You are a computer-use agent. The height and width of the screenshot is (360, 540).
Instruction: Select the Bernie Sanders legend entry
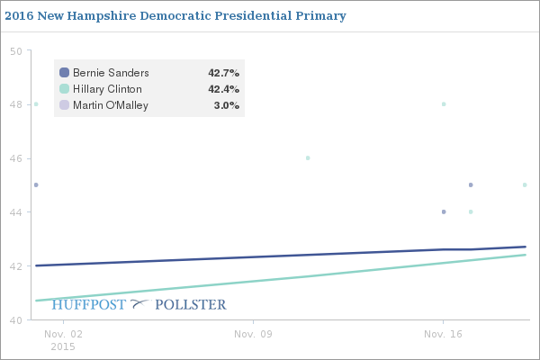(x=111, y=72)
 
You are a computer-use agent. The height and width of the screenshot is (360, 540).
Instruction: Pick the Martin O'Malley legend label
(x=111, y=105)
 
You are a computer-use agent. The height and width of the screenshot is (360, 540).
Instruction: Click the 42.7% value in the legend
(x=224, y=72)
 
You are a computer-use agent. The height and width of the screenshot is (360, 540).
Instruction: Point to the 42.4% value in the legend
(x=224, y=89)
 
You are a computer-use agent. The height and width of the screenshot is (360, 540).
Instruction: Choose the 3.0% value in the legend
(x=228, y=105)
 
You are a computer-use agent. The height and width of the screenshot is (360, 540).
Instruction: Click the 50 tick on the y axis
(x=15, y=50)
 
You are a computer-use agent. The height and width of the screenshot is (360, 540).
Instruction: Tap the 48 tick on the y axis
(x=15, y=104)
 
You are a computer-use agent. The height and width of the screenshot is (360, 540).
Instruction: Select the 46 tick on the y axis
(x=15, y=158)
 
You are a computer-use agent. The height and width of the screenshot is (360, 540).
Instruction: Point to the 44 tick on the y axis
(x=15, y=212)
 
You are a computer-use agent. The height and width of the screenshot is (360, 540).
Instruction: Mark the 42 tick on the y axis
(x=15, y=266)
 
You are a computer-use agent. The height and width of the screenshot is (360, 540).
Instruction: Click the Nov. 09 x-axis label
(x=254, y=333)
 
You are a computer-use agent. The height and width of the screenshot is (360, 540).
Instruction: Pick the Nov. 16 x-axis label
(x=443, y=333)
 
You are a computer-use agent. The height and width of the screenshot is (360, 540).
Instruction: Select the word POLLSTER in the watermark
(x=191, y=305)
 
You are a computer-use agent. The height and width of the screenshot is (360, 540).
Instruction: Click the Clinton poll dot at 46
(x=308, y=158)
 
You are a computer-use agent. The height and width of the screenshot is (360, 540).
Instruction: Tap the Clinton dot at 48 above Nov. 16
(x=444, y=104)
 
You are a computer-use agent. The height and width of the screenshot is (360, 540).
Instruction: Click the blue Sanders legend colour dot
(x=64, y=72)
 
